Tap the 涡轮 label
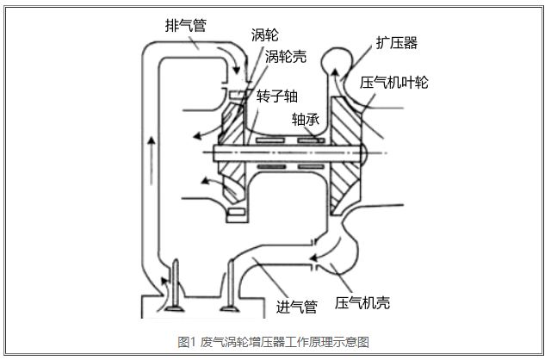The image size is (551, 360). (x=264, y=35)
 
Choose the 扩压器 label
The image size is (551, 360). (x=396, y=42)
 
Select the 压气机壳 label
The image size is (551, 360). (x=362, y=303)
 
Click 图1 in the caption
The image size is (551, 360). (x=187, y=342)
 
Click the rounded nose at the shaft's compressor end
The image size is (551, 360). (x=362, y=153)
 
